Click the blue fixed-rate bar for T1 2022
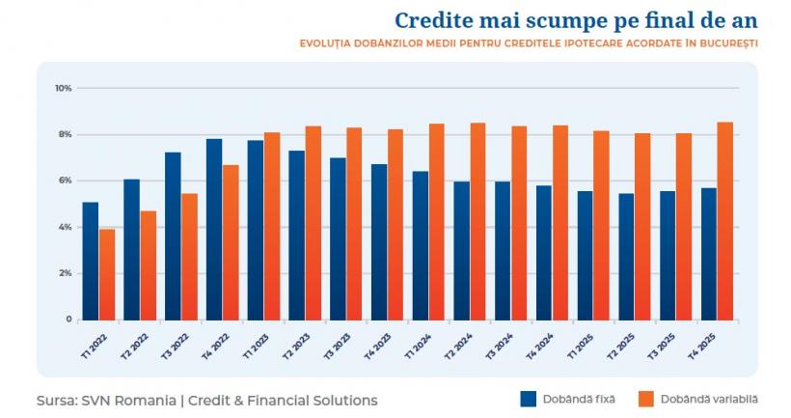tap(90, 261)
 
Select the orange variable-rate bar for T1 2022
tap(106, 274)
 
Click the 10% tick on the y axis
tap(64, 88)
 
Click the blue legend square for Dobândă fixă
tap(528, 399)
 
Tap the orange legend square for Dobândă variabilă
tap(646, 399)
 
